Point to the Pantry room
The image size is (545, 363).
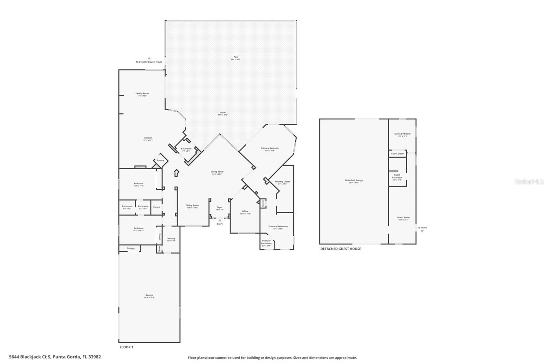click(160, 160)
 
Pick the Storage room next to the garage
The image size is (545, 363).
click(130, 249)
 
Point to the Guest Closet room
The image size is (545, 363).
click(398, 154)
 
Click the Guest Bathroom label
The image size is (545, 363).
click(397, 176)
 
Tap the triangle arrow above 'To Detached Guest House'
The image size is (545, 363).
click(149, 58)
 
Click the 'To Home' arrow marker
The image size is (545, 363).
click(422, 231)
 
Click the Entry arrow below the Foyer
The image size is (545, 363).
click(220, 220)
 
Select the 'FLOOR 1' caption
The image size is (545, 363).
click(126, 347)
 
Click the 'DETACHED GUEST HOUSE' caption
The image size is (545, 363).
click(340, 249)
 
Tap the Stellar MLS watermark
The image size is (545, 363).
click(529, 182)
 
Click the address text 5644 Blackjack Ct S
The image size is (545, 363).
click(55, 357)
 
